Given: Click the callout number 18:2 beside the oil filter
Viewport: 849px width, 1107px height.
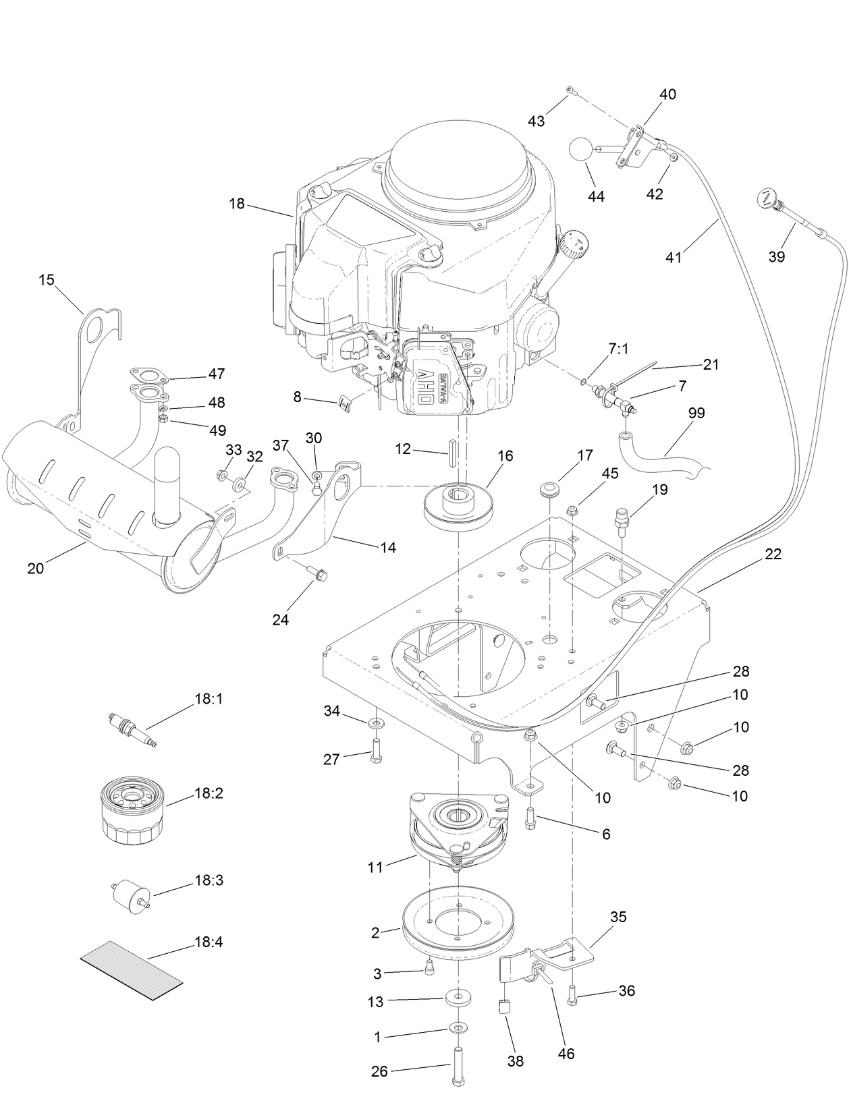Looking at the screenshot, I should [209, 793].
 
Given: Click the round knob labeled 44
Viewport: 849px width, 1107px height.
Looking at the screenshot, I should [582, 149].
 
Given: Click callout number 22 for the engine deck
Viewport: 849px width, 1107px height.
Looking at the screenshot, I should [773, 554].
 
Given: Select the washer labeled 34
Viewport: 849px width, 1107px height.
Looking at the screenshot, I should [376, 723].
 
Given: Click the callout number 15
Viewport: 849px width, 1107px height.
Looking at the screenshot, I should [47, 280].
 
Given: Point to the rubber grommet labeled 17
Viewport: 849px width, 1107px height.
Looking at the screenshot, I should [552, 488].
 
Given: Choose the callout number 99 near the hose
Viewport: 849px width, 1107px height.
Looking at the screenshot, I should [696, 413].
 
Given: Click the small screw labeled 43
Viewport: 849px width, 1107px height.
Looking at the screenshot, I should [570, 90].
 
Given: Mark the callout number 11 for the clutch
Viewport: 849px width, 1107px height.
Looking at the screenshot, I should [375, 868].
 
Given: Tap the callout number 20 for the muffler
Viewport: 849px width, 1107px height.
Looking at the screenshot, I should [35, 568].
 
